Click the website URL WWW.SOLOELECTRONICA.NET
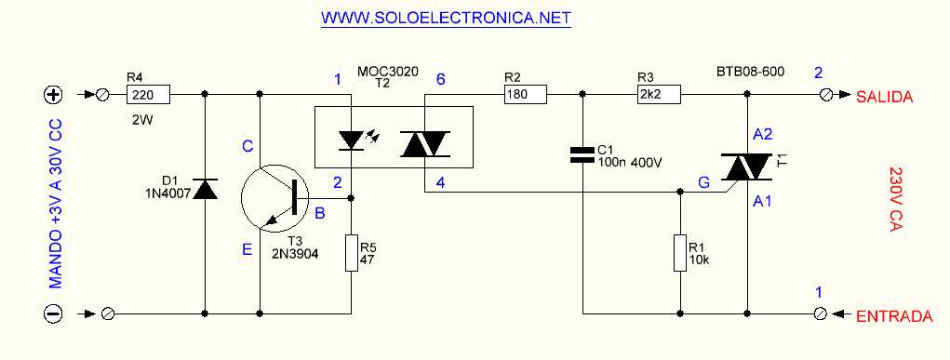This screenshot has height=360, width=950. [x=445, y=19]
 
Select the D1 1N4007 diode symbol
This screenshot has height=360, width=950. [x=204, y=190]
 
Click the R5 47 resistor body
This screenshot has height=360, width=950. [x=351, y=253]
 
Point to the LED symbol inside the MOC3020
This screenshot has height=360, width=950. [x=351, y=140]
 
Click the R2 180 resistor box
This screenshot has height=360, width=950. [x=525, y=94]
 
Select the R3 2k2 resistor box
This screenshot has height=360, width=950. [x=660, y=94]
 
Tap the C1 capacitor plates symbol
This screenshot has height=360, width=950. [x=582, y=153]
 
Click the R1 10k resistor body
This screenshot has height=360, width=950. [x=681, y=253]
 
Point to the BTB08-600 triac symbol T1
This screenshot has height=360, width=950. [x=748, y=168]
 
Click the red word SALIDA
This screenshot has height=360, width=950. [x=885, y=95]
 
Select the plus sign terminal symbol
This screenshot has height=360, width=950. [x=53, y=94]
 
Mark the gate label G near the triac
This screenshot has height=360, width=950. [x=703, y=184]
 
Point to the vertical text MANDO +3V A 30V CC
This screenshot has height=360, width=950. [x=53, y=204]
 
